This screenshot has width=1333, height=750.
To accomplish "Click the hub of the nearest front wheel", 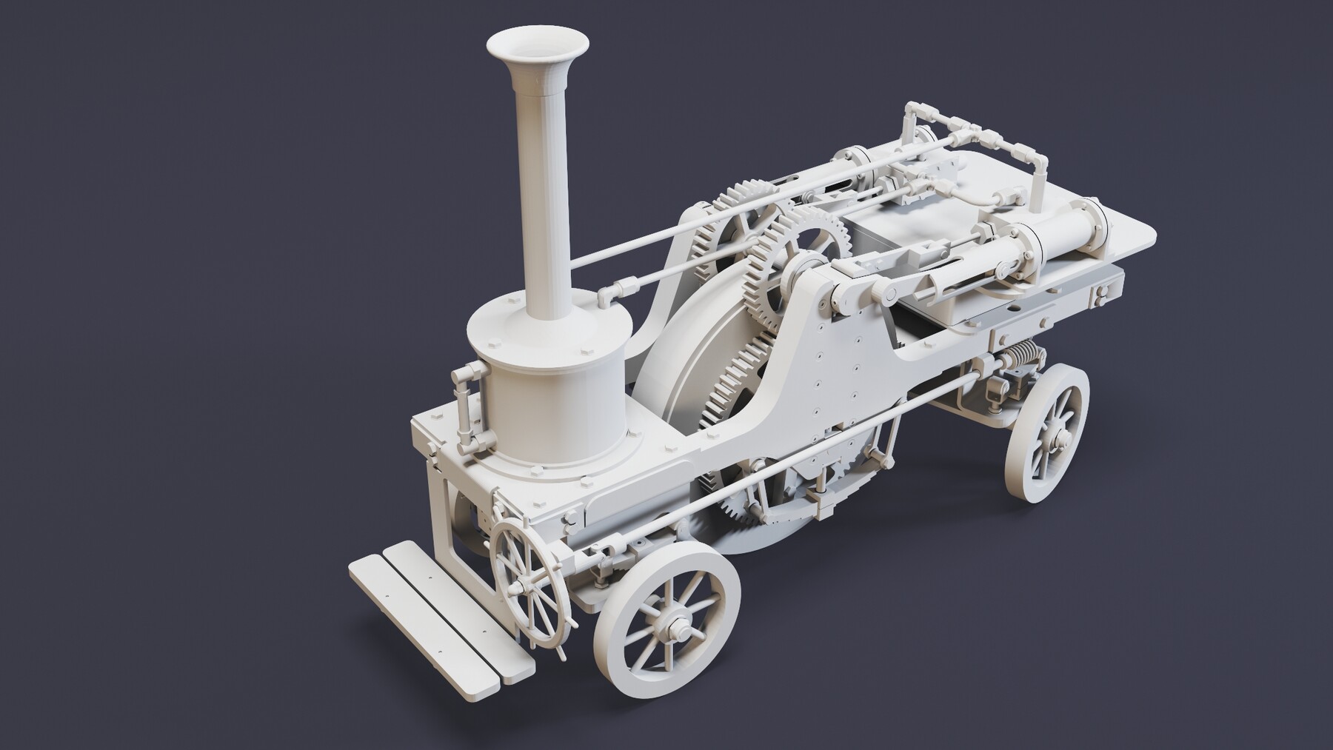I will [x=675, y=631].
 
